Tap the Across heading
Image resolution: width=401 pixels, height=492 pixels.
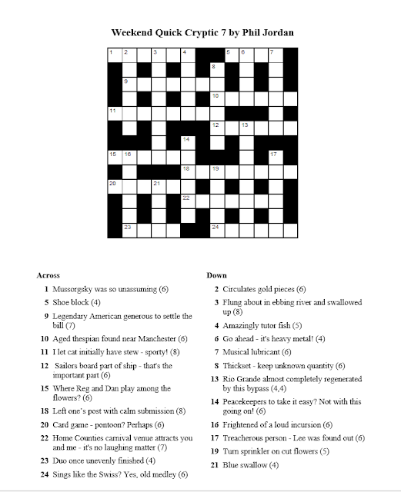pyautogui.click(x=50, y=274)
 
